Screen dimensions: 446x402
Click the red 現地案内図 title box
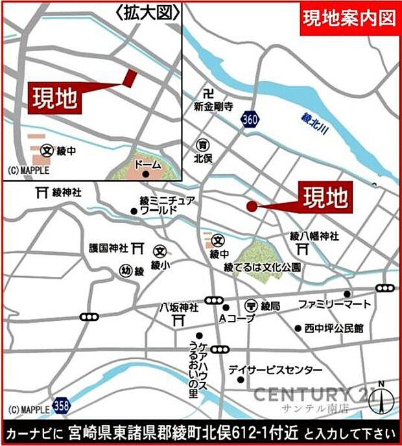coord(349,18)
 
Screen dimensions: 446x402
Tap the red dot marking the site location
coord(251,206)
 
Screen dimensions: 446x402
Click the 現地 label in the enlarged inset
coord(56,98)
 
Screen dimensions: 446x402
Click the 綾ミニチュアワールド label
coord(167,205)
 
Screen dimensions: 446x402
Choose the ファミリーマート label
coord(335,304)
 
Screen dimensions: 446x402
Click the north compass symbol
coord(380,398)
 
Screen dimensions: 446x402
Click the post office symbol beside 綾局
coord(250,305)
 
